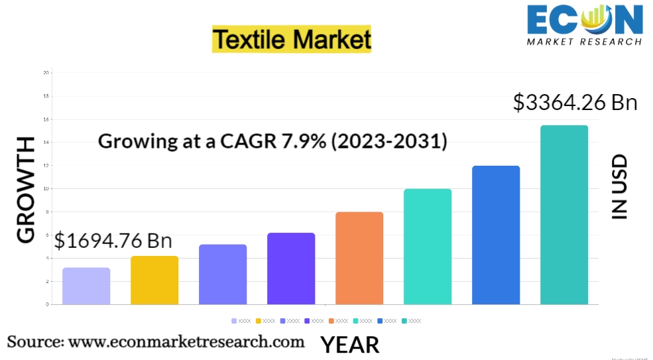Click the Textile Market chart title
click(x=292, y=40)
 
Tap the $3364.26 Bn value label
click(x=575, y=103)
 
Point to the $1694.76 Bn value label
click(x=113, y=241)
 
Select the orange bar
click(x=359, y=258)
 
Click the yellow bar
click(x=154, y=280)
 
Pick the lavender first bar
click(x=86, y=286)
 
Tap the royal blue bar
click(x=495, y=235)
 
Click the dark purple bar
click(x=291, y=269)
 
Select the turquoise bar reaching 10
click(x=427, y=247)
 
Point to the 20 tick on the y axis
click(x=46, y=72)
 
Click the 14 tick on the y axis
click(x=46, y=142)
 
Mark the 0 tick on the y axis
click(x=47, y=304)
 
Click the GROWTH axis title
click(x=26, y=190)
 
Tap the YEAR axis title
click(x=350, y=345)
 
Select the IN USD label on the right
click(x=619, y=187)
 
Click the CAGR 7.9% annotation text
click(x=272, y=141)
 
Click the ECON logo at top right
click(x=584, y=25)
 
